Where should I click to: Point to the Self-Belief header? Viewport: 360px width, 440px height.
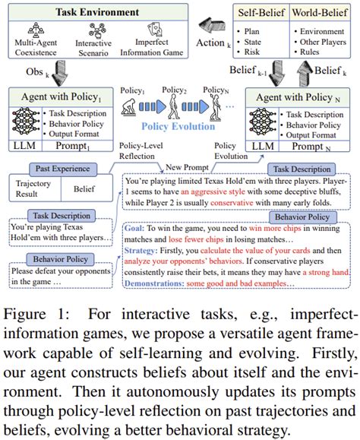click(257, 13)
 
